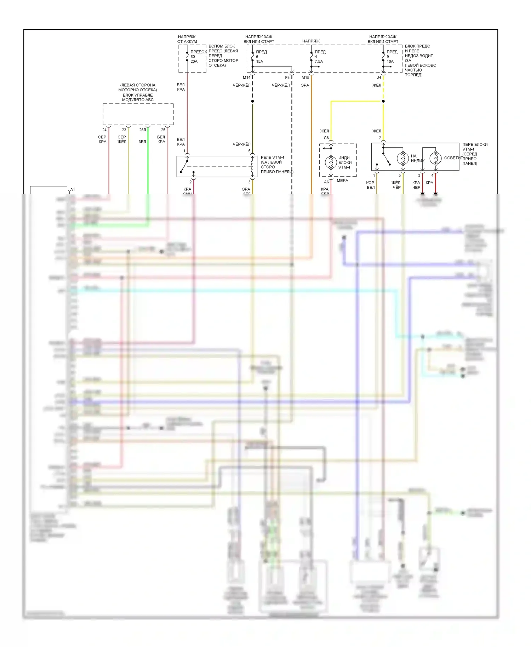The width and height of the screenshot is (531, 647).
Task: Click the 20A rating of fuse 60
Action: click(x=194, y=62)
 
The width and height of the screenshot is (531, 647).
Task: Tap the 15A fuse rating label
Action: click(x=259, y=62)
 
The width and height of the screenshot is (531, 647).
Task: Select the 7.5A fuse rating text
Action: click(x=319, y=62)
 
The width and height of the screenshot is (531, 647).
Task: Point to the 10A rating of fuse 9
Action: click(x=390, y=62)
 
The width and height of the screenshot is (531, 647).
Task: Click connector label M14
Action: click(x=246, y=78)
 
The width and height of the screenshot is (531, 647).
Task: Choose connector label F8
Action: click(x=287, y=78)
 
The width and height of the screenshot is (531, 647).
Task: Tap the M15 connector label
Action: click(x=305, y=78)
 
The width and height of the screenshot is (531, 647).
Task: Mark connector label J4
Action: click(x=379, y=78)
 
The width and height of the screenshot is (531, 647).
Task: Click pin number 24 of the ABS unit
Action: click(x=104, y=130)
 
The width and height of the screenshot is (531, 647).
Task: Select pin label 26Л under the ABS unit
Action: click(x=142, y=130)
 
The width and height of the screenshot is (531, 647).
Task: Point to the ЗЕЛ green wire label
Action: click(x=142, y=142)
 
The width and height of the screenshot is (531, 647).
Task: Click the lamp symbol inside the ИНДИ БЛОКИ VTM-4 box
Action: click(x=331, y=162)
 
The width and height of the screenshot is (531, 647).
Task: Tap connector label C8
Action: click(x=326, y=138)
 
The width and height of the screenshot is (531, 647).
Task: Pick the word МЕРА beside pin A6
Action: click(x=342, y=181)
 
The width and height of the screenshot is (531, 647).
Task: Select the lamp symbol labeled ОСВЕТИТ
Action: click(x=435, y=158)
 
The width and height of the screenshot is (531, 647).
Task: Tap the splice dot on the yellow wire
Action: click(x=383, y=101)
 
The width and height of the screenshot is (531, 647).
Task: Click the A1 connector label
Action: click(x=73, y=190)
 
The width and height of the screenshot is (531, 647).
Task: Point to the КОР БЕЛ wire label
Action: click(x=370, y=185)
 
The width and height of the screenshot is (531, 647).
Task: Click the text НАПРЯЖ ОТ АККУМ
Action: click(x=187, y=39)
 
